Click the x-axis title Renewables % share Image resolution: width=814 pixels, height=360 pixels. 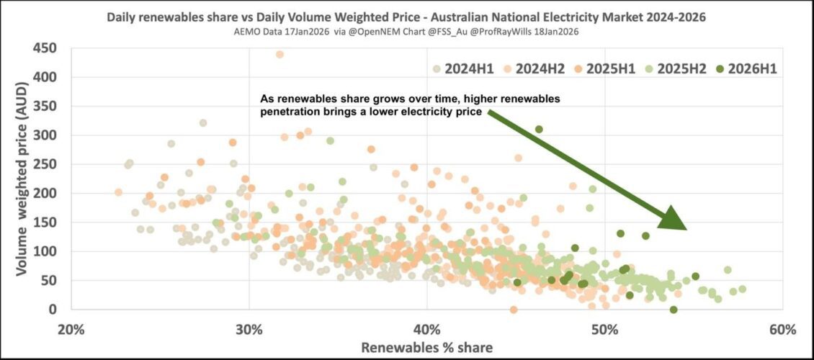pyautogui.click(x=427, y=348)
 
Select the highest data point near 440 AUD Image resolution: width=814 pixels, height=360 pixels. pyautogui.click(x=279, y=54)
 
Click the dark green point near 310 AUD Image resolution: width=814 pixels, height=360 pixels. pyautogui.click(x=539, y=130)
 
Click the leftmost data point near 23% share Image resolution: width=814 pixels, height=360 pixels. pyautogui.click(x=118, y=192)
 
